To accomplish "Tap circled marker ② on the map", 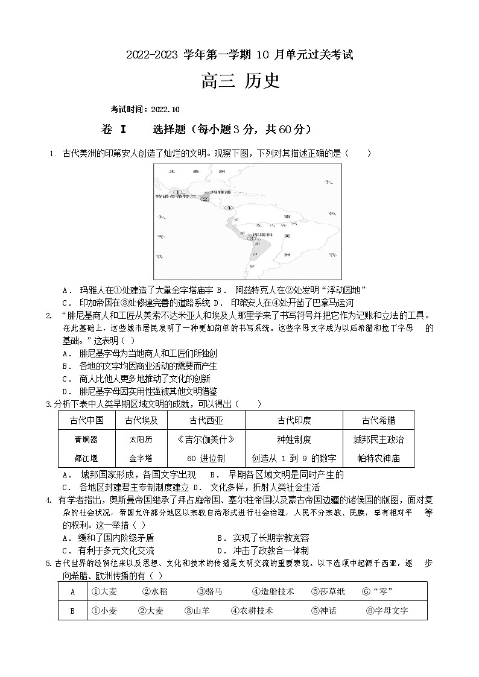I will (x=205, y=199).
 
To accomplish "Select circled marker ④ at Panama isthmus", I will (x=228, y=207).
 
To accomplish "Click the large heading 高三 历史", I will (x=241, y=81).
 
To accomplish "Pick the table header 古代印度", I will (x=294, y=420).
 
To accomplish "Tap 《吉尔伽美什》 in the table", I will (x=206, y=439).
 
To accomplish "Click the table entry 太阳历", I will (x=141, y=439).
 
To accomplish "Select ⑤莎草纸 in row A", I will (x=328, y=591).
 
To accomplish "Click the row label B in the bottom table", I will (x=72, y=611).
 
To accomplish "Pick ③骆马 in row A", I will (x=209, y=591).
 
